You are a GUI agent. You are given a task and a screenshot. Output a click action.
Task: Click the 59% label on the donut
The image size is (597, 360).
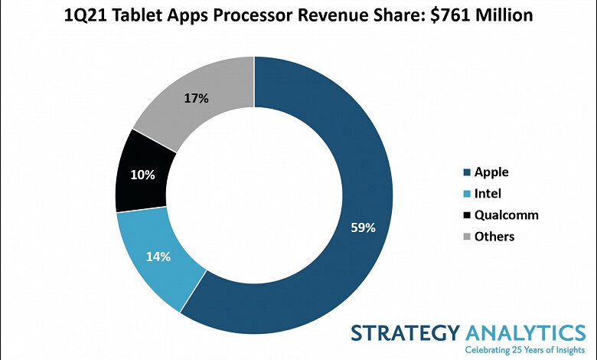(x=364, y=227)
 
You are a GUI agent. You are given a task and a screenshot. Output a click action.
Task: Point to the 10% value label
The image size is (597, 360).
(x=143, y=175)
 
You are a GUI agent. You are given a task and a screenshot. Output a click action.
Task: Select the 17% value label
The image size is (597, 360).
(x=196, y=99)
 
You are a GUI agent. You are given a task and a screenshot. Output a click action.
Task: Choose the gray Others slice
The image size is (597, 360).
(x=199, y=96)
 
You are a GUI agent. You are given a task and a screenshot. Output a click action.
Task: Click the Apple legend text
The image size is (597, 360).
(x=491, y=172)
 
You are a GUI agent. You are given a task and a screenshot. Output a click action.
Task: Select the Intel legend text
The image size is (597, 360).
(x=488, y=194)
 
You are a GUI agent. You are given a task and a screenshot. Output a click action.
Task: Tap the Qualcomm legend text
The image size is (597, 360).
(x=506, y=215)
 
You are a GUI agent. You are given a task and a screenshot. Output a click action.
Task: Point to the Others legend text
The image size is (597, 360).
(x=494, y=237)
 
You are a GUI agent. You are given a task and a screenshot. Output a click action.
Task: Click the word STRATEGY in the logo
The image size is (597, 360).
(x=406, y=334)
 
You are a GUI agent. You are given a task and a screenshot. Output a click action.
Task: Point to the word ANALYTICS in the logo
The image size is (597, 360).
(x=524, y=334)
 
